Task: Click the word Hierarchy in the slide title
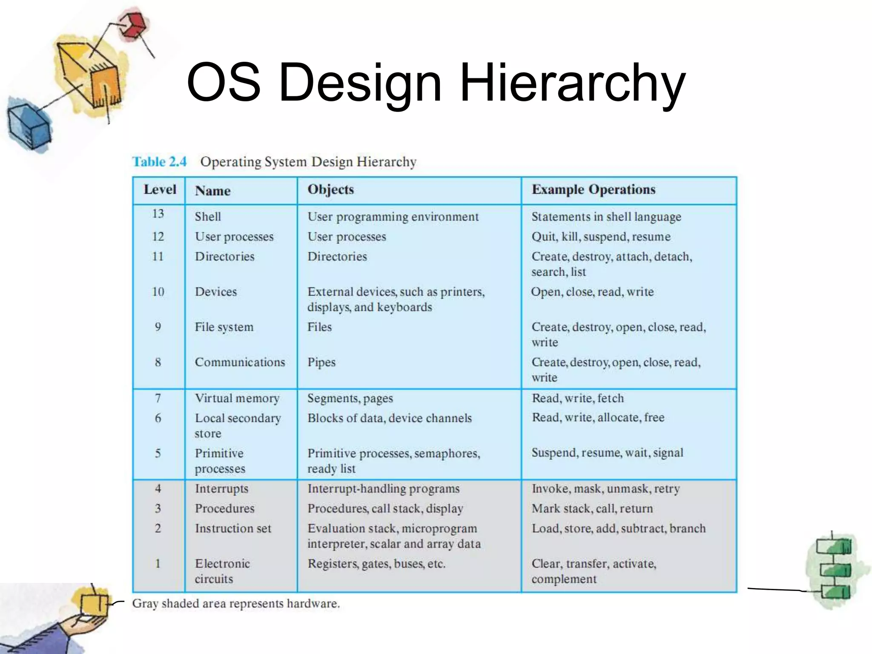(572, 83)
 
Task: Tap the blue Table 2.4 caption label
(159, 162)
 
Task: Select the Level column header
(160, 189)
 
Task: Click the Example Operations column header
(594, 189)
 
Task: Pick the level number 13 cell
(158, 213)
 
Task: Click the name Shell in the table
(208, 217)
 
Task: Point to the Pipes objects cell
(321, 362)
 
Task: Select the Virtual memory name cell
(237, 398)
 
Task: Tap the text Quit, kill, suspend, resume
(601, 237)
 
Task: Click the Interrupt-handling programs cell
(383, 489)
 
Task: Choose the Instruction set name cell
(233, 528)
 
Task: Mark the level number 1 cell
(158, 564)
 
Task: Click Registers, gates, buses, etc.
(376, 564)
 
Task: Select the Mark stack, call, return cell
(592, 508)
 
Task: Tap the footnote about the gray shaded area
(236, 604)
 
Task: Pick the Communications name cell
(240, 362)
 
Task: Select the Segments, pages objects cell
(350, 399)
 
